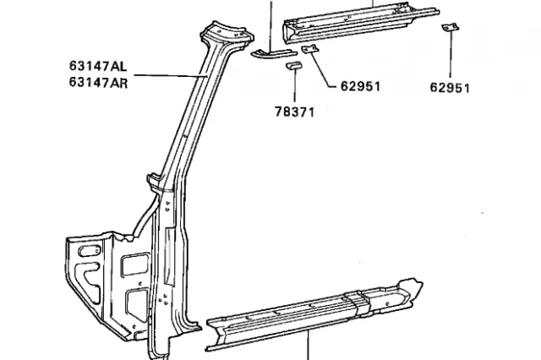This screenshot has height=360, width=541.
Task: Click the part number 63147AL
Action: pos(99,65)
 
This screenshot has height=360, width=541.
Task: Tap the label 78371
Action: pos(294,111)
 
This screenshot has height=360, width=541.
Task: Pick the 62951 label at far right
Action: pos(450,87)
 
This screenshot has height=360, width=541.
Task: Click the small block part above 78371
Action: pos(293,65)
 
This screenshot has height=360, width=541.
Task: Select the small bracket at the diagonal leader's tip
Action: pos(309,50)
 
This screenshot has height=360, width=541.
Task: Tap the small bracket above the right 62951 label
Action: pos(450,29)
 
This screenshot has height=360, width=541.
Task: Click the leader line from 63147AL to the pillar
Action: pos(169,74)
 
